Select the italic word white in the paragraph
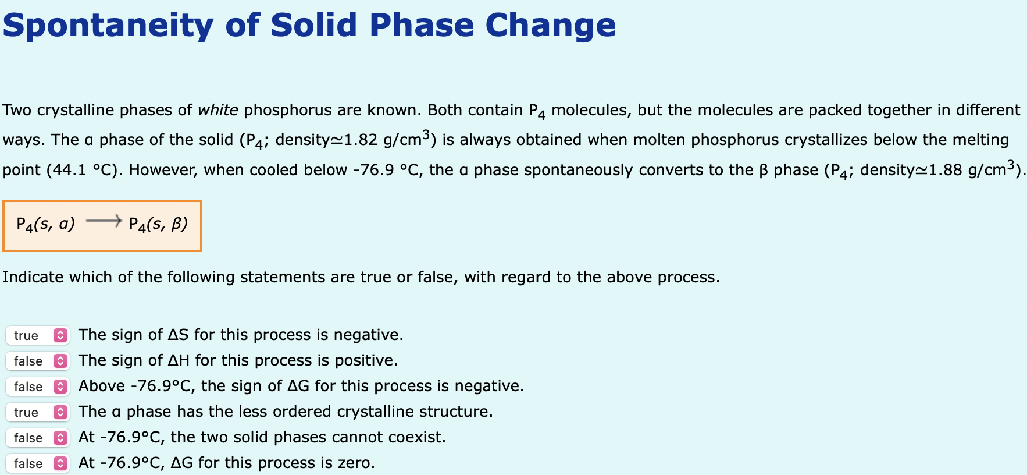(x=217, y=110)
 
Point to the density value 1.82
(x=361, y=140)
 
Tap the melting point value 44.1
(x=69, y=170)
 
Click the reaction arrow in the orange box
(x=103, y=221)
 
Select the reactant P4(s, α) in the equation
(x=45, y=224)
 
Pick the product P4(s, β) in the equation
(x=158, y=224)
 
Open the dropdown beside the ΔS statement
(x=37, y=335)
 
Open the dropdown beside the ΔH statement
(x=37, y=361)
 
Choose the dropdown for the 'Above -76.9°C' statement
(x=37, y=387)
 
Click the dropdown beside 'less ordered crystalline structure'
(x=37, y=412)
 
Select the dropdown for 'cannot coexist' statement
(x=37, y=438)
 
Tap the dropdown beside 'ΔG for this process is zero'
(x=37, y=463)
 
